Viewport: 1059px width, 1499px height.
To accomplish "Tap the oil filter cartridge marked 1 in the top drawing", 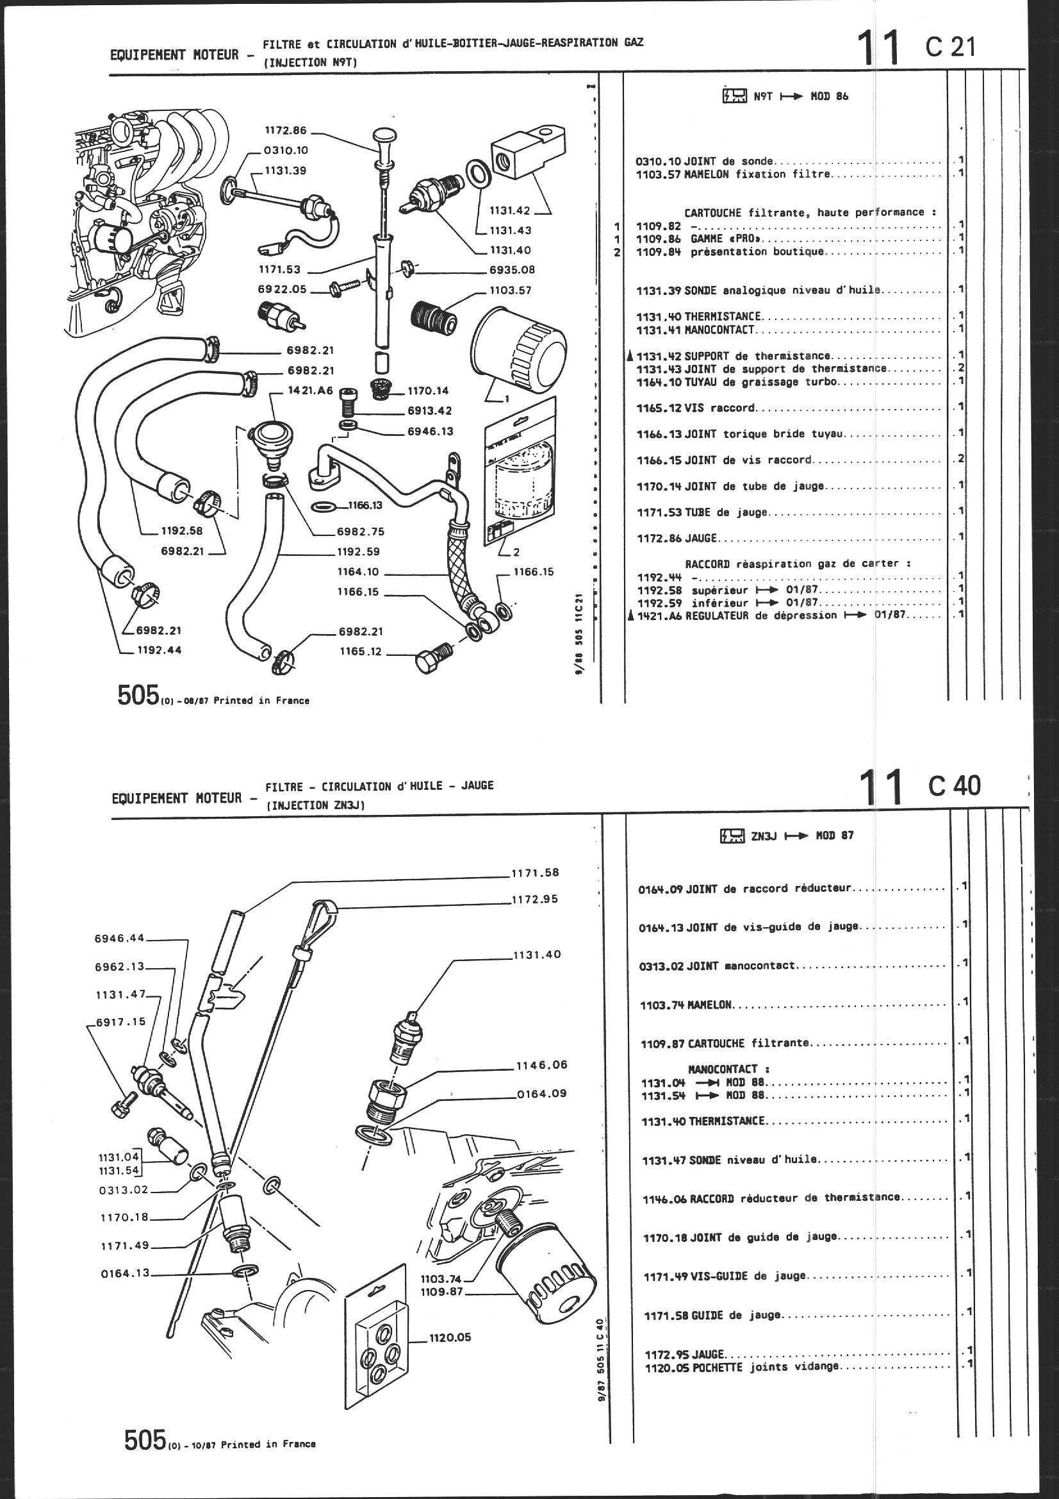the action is tap(518, 351).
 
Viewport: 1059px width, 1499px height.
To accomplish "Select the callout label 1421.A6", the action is tap(310, 390).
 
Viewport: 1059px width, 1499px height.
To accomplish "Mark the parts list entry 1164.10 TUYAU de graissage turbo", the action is tap(737, 382).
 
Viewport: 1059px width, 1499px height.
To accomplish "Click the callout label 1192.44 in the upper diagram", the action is tap(160, 649).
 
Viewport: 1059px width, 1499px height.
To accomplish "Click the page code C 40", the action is tap(954, 786).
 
